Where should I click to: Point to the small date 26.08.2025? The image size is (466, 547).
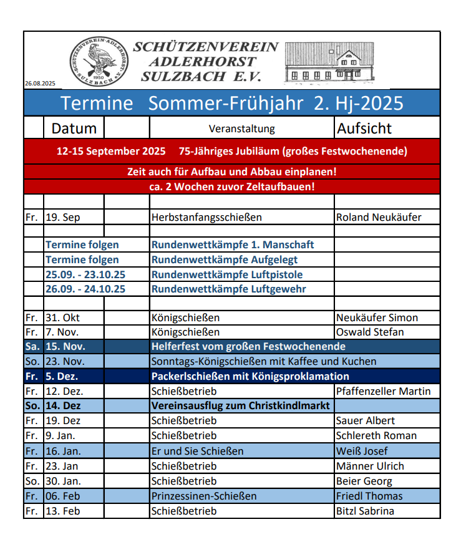coord(41,84)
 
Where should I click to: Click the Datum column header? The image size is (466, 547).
coord(74,128)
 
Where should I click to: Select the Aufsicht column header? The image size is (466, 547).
coord(364,128)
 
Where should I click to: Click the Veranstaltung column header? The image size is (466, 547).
coord(241,129)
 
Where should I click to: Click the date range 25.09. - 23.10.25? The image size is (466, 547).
coord(85,274)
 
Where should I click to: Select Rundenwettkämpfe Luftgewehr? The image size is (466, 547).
coord(229,289)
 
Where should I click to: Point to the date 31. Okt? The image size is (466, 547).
coord(62,317)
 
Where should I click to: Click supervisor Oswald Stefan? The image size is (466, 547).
coord(370,332)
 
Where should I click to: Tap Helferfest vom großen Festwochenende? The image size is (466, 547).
coord(248,347)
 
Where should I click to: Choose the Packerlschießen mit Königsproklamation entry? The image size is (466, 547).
coord(250,377)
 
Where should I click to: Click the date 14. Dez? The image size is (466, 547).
coord(64,406)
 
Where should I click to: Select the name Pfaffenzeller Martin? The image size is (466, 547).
coord(383,392)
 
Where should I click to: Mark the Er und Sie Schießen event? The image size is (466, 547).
coord(197,451)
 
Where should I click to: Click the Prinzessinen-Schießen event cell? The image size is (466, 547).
coord(204,496)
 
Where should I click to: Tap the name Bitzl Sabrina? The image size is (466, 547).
coord(365,511)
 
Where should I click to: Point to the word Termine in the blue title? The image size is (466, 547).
coord(97,103)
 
